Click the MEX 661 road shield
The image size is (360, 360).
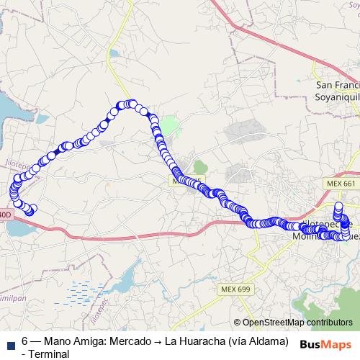click(341, 184)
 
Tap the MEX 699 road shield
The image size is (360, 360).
click(234, 289)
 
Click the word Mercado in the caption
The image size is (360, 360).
click(135, 341)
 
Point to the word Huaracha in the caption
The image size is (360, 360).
click(212, 341)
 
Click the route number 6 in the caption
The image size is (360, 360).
click(24, 341)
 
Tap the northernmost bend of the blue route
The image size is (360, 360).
click(130, 104)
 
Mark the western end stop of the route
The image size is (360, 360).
click(31, 210)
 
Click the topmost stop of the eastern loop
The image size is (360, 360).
click(338, 208)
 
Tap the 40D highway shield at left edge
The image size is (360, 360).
click(5, 215)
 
